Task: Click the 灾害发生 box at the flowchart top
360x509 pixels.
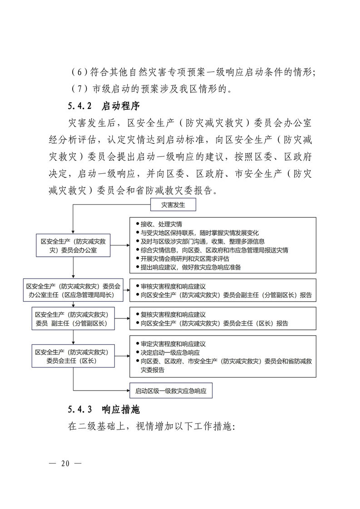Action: (173, 206)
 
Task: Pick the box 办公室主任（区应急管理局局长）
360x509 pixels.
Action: (73, 290)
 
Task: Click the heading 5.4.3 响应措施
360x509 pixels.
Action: (103, 409)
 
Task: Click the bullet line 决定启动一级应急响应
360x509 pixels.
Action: (170, 352)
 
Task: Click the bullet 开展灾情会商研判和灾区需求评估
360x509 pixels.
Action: (185, 259)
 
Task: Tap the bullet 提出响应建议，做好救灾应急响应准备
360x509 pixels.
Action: (191, 267)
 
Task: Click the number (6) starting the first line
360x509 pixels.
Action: (79, 72)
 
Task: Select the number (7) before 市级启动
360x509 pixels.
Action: (79, 88)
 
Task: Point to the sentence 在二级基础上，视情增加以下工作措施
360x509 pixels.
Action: (151, 427)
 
